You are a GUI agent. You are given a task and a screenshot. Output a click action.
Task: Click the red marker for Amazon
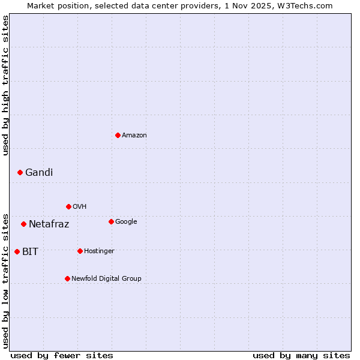tap(118, 135)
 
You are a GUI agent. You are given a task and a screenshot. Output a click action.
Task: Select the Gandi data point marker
tap(20, 172)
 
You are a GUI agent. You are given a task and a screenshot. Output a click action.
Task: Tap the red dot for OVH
tap(68, 206)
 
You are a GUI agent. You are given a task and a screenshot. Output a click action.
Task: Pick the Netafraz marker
tap(23, 224)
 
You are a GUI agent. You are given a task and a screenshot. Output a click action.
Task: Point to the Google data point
tap(111, 221)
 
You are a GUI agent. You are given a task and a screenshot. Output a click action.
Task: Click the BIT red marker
tap(17, 251)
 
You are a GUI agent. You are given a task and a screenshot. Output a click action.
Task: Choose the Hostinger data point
tap(80, 251)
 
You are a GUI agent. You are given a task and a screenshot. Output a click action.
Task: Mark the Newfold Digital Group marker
tap(67, 278)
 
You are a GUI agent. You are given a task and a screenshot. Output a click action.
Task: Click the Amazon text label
tap(134, 136)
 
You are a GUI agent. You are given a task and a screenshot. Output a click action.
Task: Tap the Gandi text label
tap(39, 173)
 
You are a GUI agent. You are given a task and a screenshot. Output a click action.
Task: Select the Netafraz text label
tap(49, 224)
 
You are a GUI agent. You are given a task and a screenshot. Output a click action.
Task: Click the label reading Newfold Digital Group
tap(107, 278)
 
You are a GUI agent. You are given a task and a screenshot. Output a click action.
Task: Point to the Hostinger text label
tap(99, 251)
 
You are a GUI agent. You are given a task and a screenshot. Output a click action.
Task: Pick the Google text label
tap(126, 221)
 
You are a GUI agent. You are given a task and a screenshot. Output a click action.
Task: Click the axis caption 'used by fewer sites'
tap(62, 356)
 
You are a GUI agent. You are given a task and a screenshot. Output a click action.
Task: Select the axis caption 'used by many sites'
tap(301, 356)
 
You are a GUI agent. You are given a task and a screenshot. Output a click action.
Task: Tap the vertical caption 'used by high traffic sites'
tap(6, 85)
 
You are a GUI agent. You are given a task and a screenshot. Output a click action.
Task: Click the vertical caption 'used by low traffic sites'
tap(6, 281)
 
